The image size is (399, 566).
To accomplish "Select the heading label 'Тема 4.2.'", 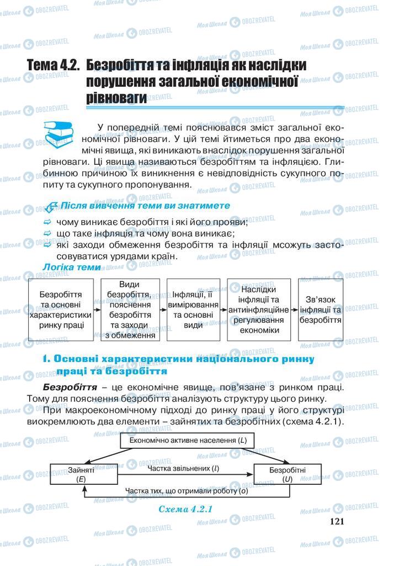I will click(53, 65).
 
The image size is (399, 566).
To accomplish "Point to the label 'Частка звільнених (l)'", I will click(183, 469).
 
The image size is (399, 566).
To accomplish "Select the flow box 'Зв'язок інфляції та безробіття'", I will click(320, 310).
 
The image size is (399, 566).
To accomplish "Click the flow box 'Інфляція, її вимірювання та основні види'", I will click(193, 310).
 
